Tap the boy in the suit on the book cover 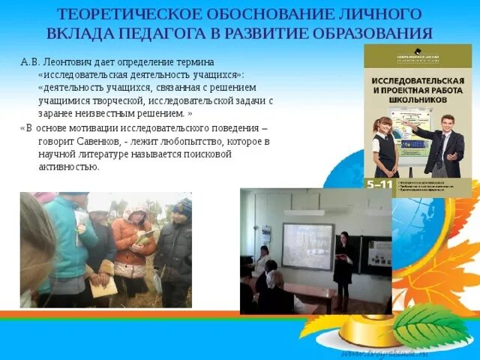pyautogui.click(x=440, y=146)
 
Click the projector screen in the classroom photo pyautogui.click(x=307, y=247)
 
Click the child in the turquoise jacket pyautogui.click(x=71, y=240)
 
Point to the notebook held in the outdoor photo pyautogui.click(x=104, y=286)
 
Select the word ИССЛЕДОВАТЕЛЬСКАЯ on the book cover pyautogui.click(x=418, y=78)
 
